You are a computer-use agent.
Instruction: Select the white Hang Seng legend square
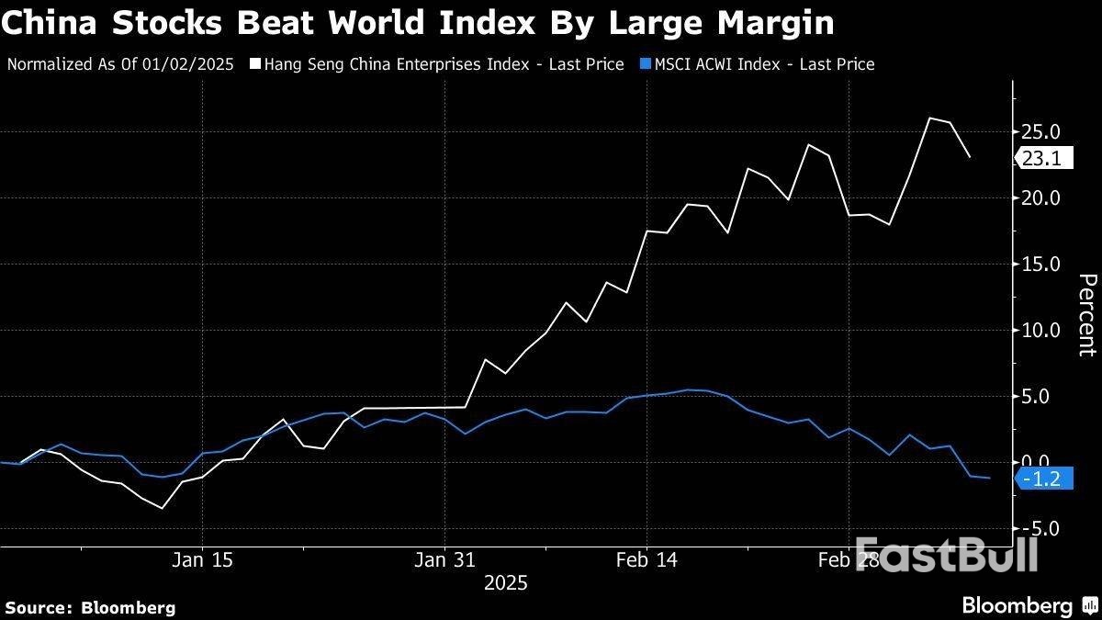253,64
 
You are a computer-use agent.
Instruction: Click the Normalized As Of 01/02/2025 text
120,64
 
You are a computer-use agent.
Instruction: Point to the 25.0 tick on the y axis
1041,131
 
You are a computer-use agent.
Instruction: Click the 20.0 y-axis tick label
1041,197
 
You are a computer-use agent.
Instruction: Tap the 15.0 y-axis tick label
1041,264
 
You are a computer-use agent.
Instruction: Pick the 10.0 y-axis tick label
1041,330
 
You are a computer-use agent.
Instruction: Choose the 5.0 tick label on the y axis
1045,397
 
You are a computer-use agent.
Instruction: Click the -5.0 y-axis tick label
1041,529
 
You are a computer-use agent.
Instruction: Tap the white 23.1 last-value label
1041,159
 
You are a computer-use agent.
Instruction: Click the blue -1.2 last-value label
1041,479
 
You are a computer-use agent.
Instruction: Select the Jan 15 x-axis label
202,559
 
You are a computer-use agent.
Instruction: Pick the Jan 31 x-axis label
444,559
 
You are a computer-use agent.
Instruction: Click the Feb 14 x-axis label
647,559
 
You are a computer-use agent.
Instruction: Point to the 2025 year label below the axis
505,583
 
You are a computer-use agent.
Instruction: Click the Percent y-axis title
1086,314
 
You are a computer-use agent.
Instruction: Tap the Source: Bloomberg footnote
90,607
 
